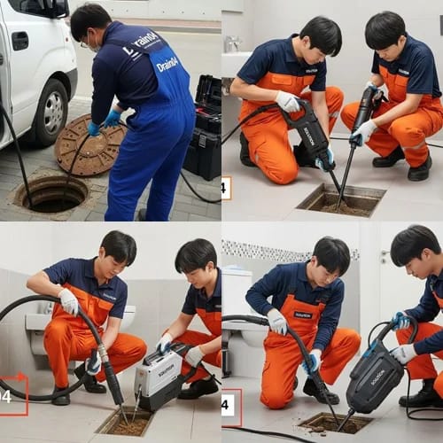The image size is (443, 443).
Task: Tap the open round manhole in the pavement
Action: click(51, 193)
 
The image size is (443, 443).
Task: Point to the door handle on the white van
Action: click(19, 41)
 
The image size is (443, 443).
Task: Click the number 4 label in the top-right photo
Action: click(225, 188)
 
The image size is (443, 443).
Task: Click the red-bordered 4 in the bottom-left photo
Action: click(11, 394)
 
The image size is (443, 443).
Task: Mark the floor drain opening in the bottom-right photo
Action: click(333, 424)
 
